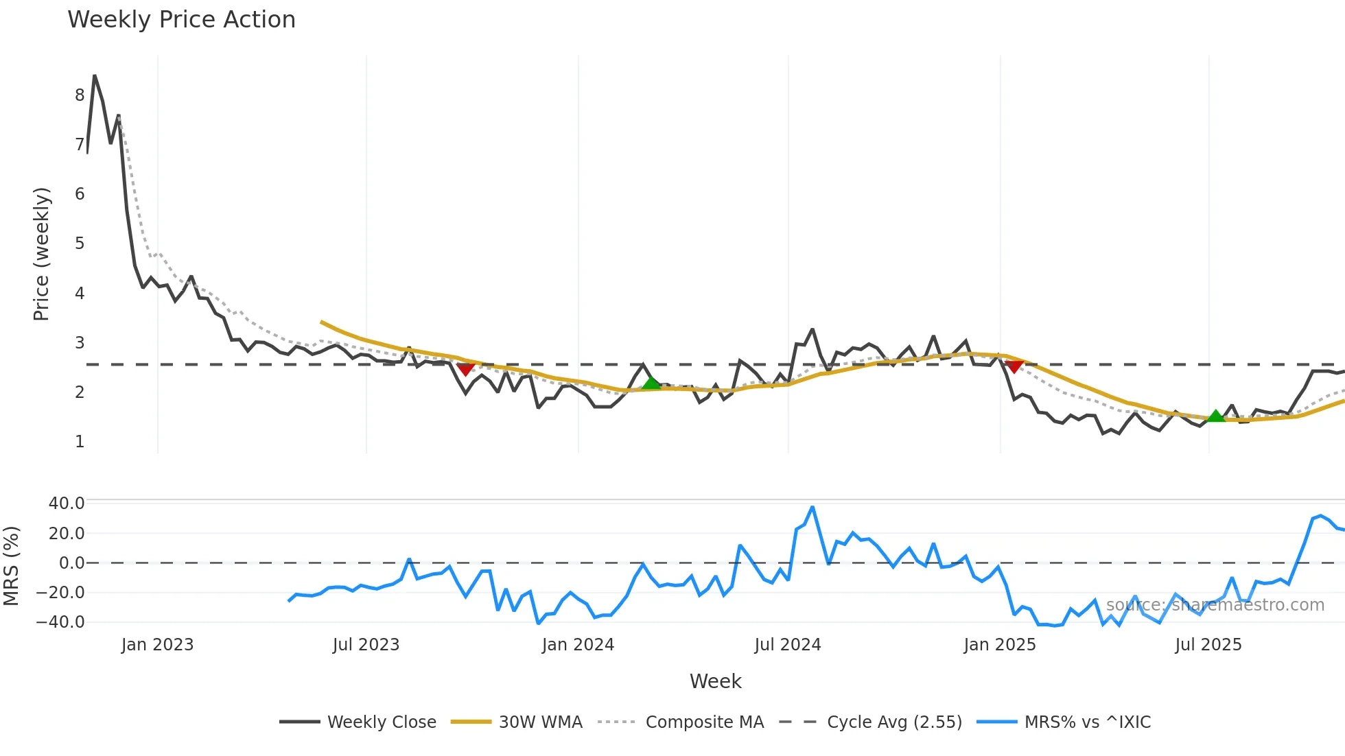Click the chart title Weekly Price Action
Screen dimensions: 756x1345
[x=181, y=20]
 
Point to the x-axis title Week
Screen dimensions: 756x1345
[x=715, y=681]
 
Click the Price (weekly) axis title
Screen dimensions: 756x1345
[x=42, y=254]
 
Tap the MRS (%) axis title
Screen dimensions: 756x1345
[x=12, y=566]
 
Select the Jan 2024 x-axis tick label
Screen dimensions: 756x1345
[x=578, y=645]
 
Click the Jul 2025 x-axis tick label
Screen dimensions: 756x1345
[x=1208, y=645]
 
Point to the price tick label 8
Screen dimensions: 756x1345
[x=80, y=95]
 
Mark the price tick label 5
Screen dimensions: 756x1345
[x=80, y=244]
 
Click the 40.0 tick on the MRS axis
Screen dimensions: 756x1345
[x=67, y=504]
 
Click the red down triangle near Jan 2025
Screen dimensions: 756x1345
[x=1014, y=367]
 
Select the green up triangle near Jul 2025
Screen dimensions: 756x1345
[x=1215, y=416]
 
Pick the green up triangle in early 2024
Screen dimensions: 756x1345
[x=651, y=383]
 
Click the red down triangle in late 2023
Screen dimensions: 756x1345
[x=466, y=370]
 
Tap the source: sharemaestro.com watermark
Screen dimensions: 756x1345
[x=1215, y=605]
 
